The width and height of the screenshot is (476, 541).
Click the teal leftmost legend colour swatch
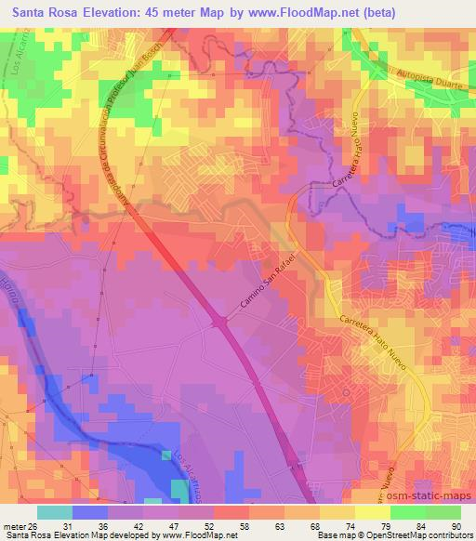tap(55, 512)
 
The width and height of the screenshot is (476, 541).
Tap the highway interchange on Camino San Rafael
tap(220, 322)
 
